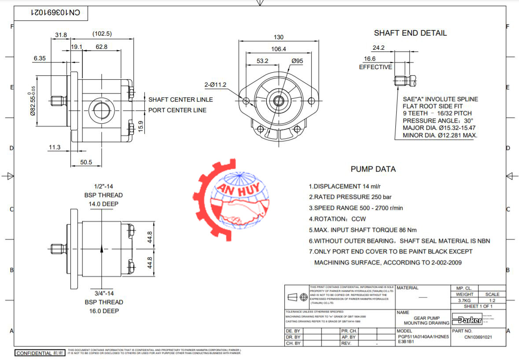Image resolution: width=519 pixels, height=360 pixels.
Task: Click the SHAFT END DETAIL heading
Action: [x=410, y=33]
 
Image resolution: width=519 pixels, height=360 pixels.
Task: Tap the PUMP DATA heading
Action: [x=373, y=169]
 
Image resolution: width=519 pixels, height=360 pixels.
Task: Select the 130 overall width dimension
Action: [x=279, y=37]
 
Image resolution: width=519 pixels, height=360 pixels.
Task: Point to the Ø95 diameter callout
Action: [x=297, y=61]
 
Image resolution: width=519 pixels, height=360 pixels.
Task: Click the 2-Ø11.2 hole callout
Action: [x=214, y=84]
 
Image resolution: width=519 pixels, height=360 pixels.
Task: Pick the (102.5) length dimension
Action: [x=102, y=34]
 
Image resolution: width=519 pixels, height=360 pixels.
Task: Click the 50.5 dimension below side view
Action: [x=86, y=162]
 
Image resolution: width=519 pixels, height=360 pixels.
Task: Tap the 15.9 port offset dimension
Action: [x=141, y=125]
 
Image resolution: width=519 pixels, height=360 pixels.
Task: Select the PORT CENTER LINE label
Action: [x=177, y=110]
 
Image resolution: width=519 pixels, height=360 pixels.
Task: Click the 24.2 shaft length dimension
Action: [x=379, y=48]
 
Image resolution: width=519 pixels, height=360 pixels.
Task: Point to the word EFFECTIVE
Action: [x=375, y=67]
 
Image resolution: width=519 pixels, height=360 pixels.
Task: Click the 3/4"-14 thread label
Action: [x=104, y=293]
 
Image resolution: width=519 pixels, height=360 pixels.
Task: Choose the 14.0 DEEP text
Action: [x=104, y=204]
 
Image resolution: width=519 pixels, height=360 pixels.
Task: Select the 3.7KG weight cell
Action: [x=464, y=300]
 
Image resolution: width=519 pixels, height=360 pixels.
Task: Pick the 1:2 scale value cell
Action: [x=492, y=300]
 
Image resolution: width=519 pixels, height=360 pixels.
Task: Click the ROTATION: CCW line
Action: [x=337, y=219]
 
